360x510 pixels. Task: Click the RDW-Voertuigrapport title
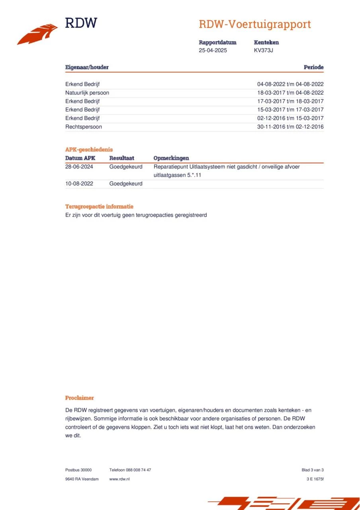[254, 24]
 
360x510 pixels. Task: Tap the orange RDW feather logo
[37, 34]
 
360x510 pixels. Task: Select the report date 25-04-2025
[213, 51]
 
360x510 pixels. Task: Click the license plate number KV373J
[263, 51]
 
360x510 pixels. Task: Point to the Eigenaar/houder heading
[87, 67]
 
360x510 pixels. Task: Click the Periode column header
[313, 67]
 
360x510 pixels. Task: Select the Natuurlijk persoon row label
[87, 93]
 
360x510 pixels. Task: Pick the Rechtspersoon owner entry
[84, 127]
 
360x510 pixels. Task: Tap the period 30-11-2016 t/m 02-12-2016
[290, 127]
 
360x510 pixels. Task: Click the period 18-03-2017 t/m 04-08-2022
[290, 93]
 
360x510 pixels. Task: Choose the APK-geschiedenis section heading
[89, 149]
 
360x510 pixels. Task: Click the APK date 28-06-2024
[79, 167]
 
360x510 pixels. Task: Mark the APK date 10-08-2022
[79, 184]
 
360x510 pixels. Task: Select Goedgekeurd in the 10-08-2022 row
[126, 184]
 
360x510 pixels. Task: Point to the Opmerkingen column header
[171, 158]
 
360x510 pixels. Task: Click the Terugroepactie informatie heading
[99, 206]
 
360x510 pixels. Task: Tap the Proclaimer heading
[80, 398]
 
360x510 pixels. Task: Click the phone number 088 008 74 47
[138, 470]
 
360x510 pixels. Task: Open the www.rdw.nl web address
[119, 479]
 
